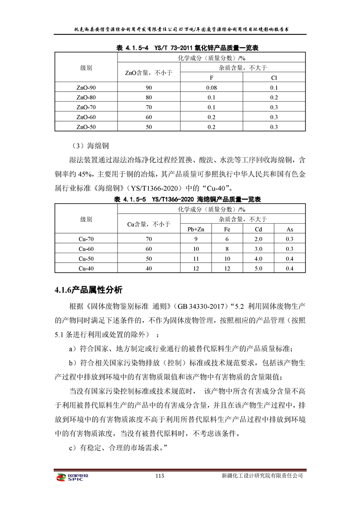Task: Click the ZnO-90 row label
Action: click(x=86, y=87)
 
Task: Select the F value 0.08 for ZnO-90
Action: click(x=211, y=87)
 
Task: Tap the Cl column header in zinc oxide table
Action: click(x=274, y=78)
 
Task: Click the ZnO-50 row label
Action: click(x=86, y=127)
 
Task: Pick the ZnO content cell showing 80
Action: click(x=148, y=97)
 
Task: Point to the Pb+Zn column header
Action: click(x=196, y=229)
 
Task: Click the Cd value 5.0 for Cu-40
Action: click(x=259, y=269)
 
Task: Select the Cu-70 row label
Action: click(x=86, y=239)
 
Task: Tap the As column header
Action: click(x=290, y=229)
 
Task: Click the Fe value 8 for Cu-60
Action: click(x=227, y=249)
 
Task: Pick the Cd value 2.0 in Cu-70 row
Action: click(x=259, y=239)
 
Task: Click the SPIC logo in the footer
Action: click(x=72, y=478)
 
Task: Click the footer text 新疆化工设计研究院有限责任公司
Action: click(x=262, y=476)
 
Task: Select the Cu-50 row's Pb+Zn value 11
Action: click(x=196, y=259)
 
